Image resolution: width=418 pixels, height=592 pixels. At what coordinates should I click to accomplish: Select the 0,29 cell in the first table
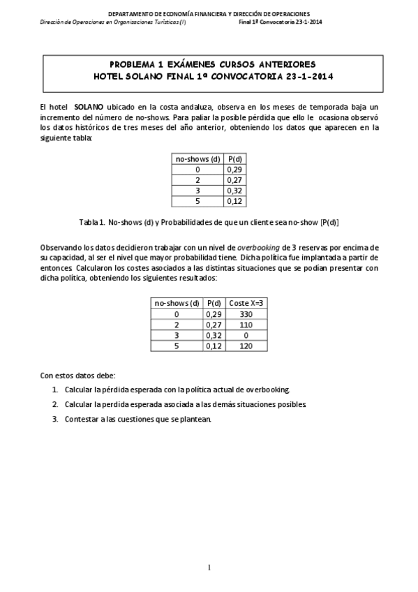pyautogui.click(x=234, y=169)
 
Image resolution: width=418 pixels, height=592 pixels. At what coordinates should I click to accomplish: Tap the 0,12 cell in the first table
pyautogui.click(x=234, y=201)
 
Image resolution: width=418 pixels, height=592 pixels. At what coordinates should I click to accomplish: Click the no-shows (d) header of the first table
pyautogui.click(x=197, y=158)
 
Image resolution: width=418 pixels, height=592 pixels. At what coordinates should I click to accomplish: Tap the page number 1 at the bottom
pyautogui.click(x=209, y=566)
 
